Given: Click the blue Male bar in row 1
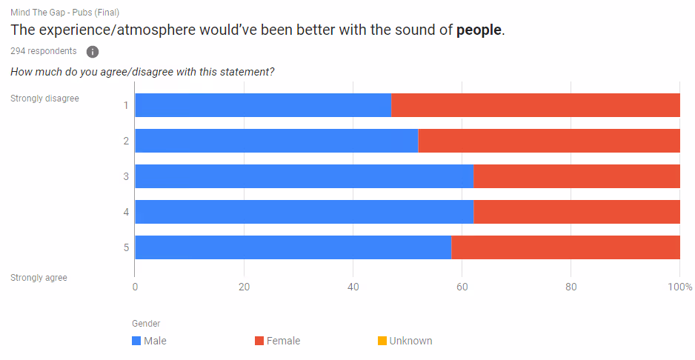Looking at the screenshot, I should [x=262, y=105].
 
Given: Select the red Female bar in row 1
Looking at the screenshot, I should [x=535, y=105].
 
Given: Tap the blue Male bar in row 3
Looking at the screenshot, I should [x=304, y=176].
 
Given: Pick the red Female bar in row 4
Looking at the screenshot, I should [x=576, y=212].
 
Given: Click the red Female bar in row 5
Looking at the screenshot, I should [x=565, y=247].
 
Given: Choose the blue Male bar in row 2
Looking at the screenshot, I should [x=276, y=141].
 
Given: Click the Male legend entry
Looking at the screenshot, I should [x=149, y=341].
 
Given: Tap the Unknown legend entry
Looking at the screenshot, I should [x=405, y=341].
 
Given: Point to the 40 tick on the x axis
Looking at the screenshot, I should [x=353, y=287].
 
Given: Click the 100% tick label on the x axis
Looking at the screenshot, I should [x=680, y=287].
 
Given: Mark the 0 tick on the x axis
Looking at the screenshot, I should [x=135, y=287].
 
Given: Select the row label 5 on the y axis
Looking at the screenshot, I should [x=126, y=247].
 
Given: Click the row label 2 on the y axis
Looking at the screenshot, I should [x=126, y=141].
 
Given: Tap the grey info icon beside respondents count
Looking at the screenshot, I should [x=93, y=52].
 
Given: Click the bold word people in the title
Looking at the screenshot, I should [x=479, y=30].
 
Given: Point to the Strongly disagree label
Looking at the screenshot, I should [x=44, y=98].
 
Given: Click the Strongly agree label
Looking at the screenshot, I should [x=39, y=278].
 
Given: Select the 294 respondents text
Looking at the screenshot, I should [x=43, y=51].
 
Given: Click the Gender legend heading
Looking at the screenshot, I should [x=146, y=324].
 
